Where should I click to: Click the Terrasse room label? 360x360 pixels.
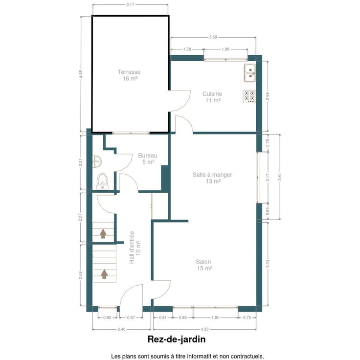[129, 72]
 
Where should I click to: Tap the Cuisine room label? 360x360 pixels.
[212, 94]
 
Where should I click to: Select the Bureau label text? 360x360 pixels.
[148, 156]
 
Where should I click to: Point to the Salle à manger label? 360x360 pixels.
[212, 175]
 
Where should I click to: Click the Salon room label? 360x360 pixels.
[203, 262]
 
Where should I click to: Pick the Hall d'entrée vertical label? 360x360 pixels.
[132, 247]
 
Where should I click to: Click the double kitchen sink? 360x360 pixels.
[250, 73]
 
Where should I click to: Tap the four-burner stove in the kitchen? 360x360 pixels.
[249, 96]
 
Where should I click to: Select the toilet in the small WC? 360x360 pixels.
[102, 181]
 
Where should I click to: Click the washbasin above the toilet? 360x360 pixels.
[97, 161]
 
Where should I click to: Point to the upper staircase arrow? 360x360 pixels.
[103, 233]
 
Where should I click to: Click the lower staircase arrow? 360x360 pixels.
[105, 274]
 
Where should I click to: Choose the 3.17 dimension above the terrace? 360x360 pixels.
[130, 4]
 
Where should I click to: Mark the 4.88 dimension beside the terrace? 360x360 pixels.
[81, 74]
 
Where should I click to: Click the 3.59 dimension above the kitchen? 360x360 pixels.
[213, 37]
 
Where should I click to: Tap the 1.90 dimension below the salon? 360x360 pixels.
[215, 317]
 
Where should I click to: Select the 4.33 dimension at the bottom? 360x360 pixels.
[204, 329]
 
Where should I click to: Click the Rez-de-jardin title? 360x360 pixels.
[176, 339]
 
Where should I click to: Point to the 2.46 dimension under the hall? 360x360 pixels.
[121, 329]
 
